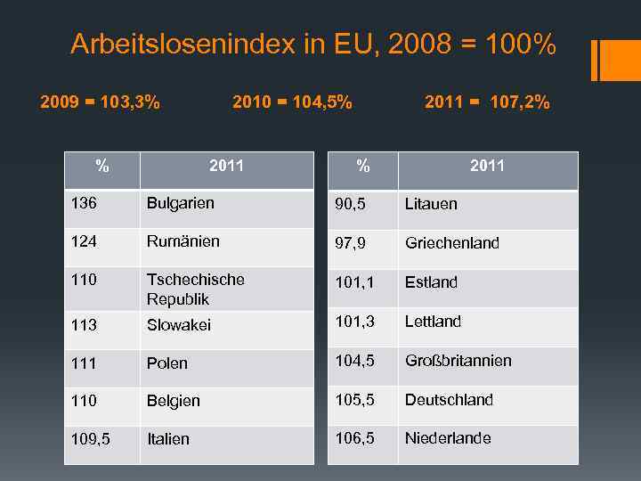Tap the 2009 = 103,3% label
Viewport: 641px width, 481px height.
101,102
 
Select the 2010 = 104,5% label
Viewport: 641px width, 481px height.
292,102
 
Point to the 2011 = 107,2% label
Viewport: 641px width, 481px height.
487,102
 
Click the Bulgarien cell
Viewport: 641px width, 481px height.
181,203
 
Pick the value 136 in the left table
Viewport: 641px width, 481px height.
84,203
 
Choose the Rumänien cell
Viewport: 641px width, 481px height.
183,241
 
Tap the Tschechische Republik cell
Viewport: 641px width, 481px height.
195,289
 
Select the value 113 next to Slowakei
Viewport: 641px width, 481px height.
84,325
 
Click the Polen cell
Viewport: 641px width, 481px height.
167,363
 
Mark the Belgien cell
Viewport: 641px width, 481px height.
174,401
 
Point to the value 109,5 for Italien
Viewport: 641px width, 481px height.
90,439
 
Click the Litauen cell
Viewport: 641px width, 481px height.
431,204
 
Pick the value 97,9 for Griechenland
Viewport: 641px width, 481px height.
349,243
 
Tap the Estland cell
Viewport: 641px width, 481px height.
431,282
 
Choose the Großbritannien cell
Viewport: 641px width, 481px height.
458,361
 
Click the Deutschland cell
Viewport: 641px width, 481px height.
449,400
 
